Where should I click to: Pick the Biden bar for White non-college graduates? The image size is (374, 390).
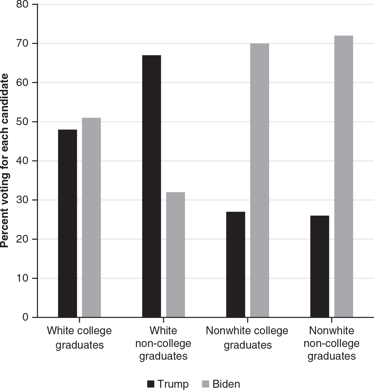tap(175, 254)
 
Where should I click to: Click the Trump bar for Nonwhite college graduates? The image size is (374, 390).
tap(236, 264)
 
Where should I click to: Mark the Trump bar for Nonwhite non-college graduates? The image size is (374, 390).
tap(320, 266)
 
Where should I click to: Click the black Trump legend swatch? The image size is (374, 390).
tap(151, 384)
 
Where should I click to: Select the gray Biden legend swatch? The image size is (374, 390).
tap(206, 384)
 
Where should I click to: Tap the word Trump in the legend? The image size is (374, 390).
tap(173, 384)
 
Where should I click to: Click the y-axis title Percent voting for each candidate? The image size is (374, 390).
tap(5, 161)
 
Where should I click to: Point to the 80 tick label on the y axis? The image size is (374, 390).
tap(22, 5)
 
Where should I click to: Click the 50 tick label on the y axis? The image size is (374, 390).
tap(22, 122)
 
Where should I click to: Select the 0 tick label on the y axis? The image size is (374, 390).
tap(25, 317)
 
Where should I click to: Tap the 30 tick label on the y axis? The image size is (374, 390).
tap(22, 200)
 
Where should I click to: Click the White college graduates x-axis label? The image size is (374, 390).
tap(79, 338)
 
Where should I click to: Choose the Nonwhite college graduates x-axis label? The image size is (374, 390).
tap(247, 338)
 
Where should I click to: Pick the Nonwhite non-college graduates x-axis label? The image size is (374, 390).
tap(332, 343)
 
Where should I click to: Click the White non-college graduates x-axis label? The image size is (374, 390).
tap(163, 343)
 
